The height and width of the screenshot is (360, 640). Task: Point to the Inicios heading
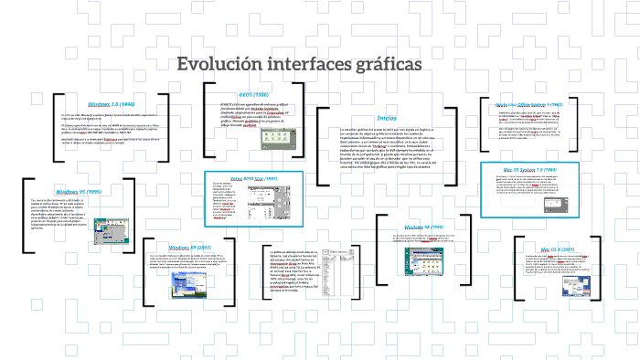[387, 118]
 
